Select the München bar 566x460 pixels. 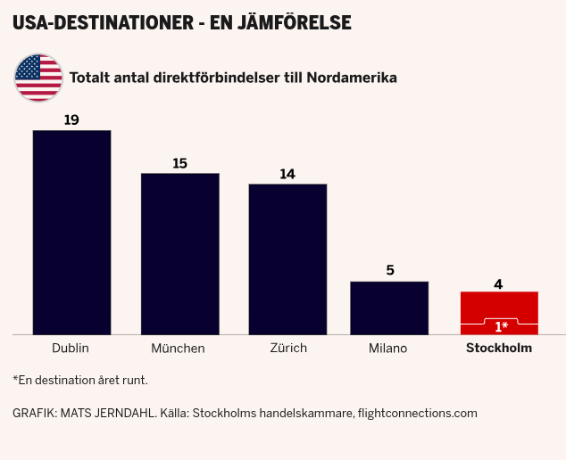coord(179,253)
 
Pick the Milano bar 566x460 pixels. coord(388,308)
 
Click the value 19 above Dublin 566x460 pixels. coord(71,119)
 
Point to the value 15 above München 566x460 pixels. coord(179,163)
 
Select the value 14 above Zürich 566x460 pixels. coord(287,174)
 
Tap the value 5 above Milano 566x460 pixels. coord(389,271)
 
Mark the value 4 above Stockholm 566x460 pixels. coord(498,284)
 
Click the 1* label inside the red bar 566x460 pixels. coord(501,327)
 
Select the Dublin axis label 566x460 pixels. coord(71,348)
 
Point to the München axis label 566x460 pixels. coord(178,348)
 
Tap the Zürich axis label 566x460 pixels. coord(287,348)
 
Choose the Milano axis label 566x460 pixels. coord(387,348)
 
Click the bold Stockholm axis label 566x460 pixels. coord(499,348)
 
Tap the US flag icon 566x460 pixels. coord(38,77)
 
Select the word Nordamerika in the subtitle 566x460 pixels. coord(351,78)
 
